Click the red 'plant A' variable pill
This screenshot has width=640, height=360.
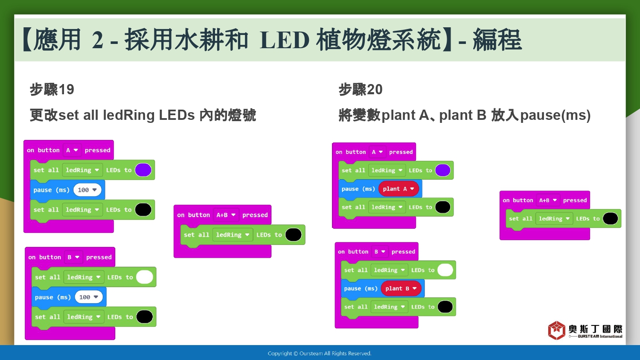(x=399, y=189)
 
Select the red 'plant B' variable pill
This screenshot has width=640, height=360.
(x=401, y=289)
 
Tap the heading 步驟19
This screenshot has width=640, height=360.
(x=52, y=90)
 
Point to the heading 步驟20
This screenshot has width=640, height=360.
(x=361, y=90)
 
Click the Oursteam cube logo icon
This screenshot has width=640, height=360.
(x=556, y=330)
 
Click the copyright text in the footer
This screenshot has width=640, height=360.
(x=320, y=354)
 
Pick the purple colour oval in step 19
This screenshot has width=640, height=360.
(x=143, y=170)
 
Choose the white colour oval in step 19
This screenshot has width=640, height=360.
(x=145, y=277)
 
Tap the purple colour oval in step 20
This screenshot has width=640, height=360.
(x=442, y=170)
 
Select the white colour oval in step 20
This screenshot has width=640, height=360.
(x=445, y=270)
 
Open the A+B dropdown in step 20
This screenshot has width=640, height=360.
(x=548, y=200)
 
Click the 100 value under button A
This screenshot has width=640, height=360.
(x=87, y=190)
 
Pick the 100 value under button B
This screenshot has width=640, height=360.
(x=89, y=297)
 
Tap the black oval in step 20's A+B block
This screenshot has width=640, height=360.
(x=610, y=218)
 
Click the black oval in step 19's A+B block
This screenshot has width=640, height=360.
(x=294, y=235)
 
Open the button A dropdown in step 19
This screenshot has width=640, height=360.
(x=72, y=150)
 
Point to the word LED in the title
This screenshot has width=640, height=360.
(x=285, y=40)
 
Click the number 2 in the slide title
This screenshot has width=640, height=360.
(x=97, y=40)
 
